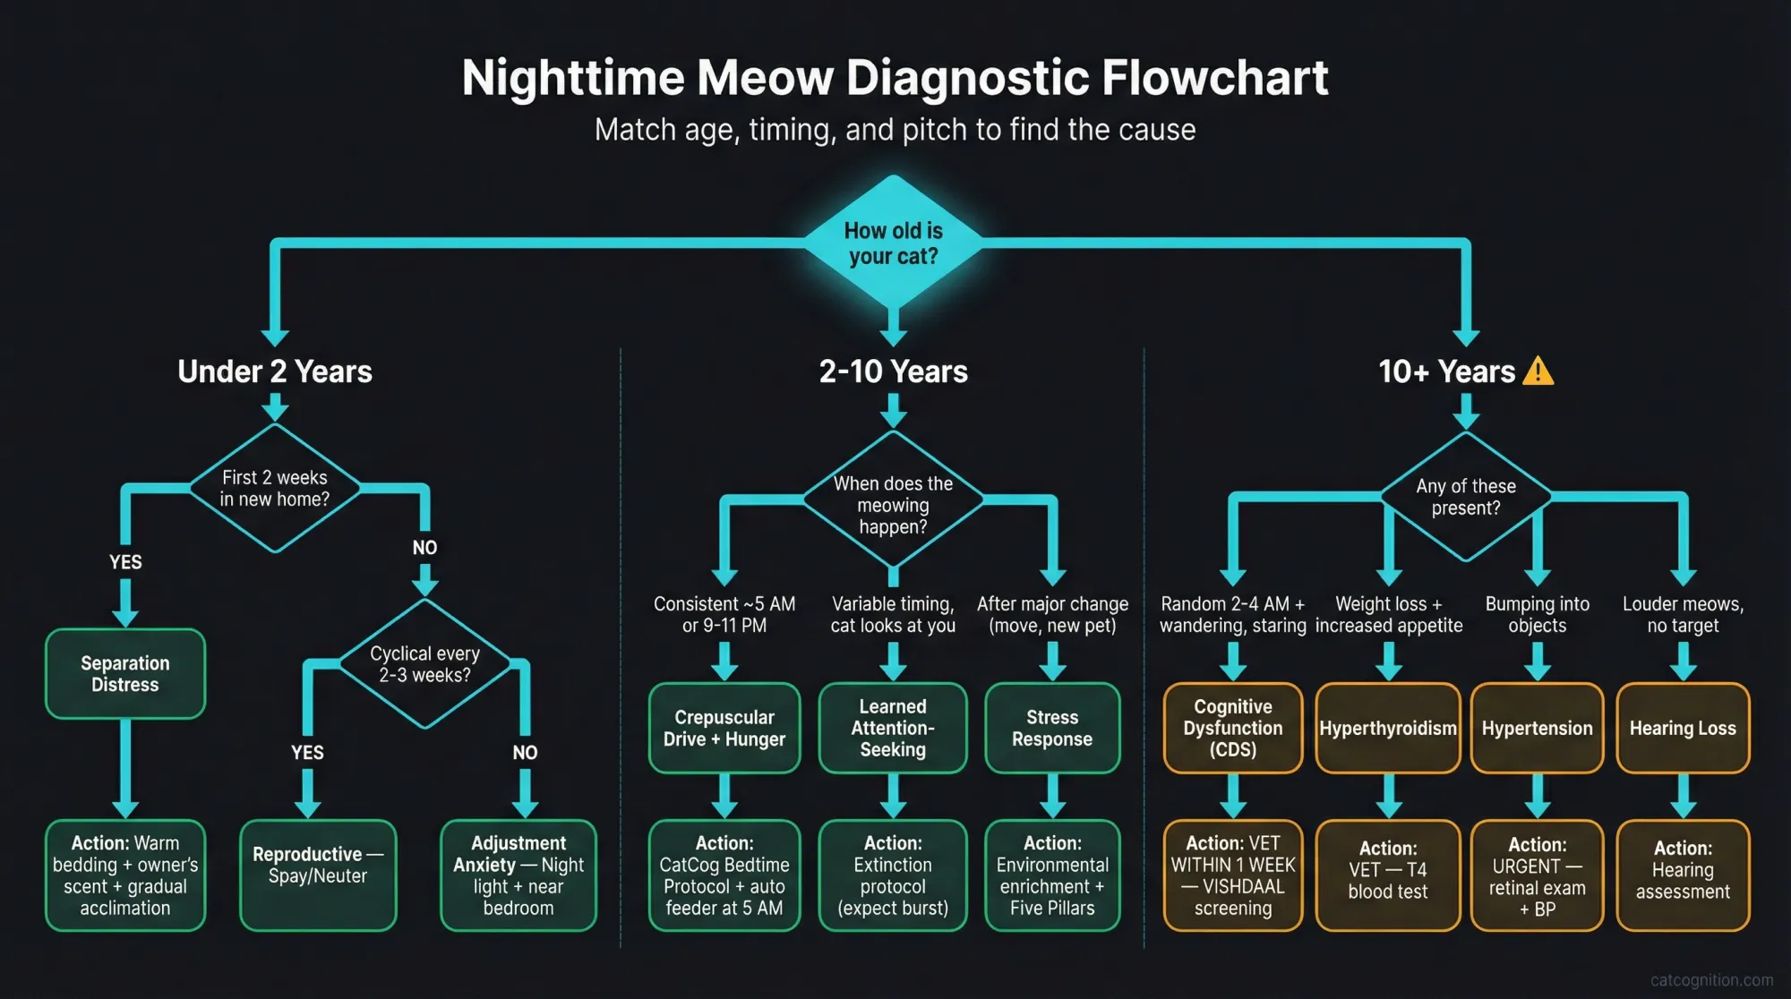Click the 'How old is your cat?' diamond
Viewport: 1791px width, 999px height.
click(x=893, y=243)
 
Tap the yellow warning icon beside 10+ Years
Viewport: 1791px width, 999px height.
click(x=1538, y=371)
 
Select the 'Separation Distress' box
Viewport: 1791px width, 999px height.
click(x=125, y=674)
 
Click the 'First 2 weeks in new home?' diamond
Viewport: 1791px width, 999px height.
click(x=275, y=488)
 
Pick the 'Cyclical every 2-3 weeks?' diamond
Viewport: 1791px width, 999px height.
click(x=424, y=664)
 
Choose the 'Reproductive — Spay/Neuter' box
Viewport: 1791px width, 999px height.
click(x=318, y=875)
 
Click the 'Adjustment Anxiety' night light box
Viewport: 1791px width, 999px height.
click(x=518, y=875)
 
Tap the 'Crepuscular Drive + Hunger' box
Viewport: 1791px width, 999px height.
click(x=724, y=728)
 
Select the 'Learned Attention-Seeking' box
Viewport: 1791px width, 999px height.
click(x=893, y=728)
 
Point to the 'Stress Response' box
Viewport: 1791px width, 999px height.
click(x=1052, y=728)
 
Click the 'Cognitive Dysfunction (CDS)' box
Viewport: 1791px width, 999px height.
click(x=1233, y=728)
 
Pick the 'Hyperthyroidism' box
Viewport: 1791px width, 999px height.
click(x=1388, y=728)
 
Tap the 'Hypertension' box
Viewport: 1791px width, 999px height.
click(x=1538, y=728)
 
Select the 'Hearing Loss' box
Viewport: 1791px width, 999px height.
click(x=1683, y=728)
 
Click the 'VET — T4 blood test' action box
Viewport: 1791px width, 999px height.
click(x=1388, y=875)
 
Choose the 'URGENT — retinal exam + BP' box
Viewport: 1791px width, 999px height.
click(x=1538, y=875)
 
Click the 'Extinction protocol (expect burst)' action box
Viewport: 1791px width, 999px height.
click(x=893, y=875)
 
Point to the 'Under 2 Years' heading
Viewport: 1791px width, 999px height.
click(x=275, y=371)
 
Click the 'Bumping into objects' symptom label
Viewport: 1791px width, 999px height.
click(x=1538, y=615)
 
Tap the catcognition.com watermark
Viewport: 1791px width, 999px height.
click(x=1711, y=980)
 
